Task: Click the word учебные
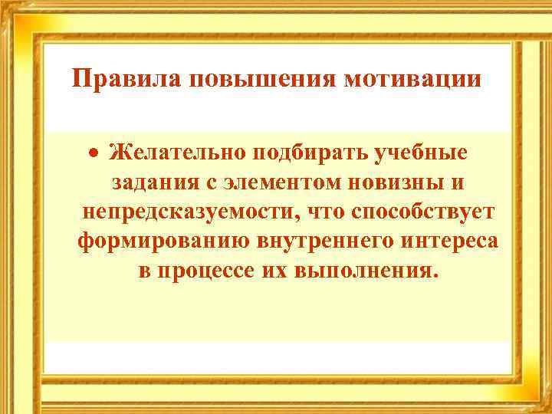(422, 153)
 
